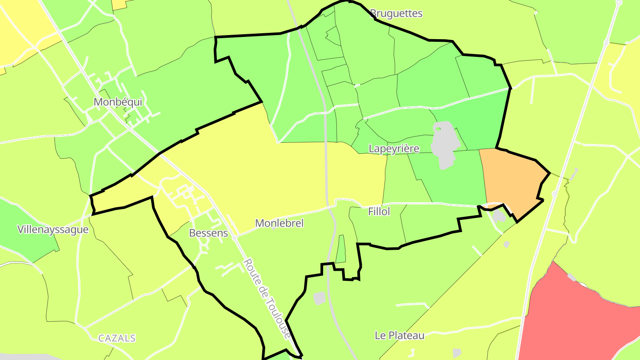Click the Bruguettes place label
(x=396, y=13)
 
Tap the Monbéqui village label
(x=118, y=102)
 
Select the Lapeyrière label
(x=394, y=148)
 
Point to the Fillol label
(x=379, y=212)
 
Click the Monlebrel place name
(x=280, y=223)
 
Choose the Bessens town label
(x=208, y=233)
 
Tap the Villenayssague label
(x=53, y=230)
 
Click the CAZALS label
(x=117, y=338)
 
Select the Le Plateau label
(x=400, y=336)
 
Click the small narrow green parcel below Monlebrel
(x=341, y=249)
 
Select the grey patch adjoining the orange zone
(x=499, y=216)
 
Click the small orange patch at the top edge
(x=119, y=4)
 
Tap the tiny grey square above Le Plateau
(x=506, y=244)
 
